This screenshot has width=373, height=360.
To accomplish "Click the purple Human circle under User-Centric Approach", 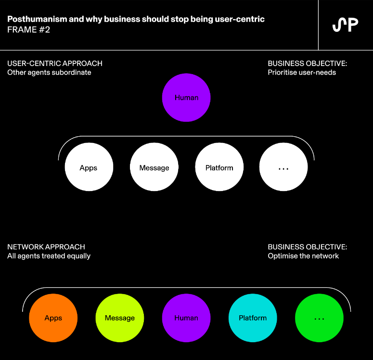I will coord(186,98).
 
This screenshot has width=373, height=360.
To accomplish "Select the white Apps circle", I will coord(89,167).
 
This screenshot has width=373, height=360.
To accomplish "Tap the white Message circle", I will coord(154,167).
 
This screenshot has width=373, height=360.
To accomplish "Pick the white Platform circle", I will coord(219,167).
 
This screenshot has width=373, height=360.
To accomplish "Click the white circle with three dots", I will coord(283,167).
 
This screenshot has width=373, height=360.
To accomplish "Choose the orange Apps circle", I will coord(53,318).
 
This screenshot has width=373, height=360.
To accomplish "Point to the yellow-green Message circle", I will coord(120,318).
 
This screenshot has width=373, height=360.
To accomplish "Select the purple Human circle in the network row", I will coord(186,318).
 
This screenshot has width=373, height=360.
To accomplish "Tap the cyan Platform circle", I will coord(253,318).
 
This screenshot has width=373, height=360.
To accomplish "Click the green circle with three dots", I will coord(319,318).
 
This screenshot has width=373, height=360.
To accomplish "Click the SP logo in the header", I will coord(345,25).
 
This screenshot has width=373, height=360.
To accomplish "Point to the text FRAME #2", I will coord(28,30).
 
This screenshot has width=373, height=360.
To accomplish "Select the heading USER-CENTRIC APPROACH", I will coord(55,64).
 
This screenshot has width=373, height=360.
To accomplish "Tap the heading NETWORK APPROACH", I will coord(46,247).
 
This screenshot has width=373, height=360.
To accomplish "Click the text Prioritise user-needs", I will coord(302,73).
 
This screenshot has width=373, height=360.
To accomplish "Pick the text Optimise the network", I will coord(303,256).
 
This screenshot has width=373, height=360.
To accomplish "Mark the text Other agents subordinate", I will coord(49,73).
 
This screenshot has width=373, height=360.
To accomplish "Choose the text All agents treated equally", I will coord(49,256).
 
